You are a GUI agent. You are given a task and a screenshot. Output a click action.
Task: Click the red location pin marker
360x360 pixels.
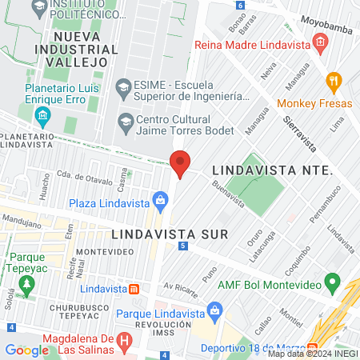180,162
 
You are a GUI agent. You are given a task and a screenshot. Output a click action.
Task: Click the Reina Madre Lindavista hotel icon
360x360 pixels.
320,42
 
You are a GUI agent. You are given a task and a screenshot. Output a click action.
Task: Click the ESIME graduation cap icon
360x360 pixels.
123,86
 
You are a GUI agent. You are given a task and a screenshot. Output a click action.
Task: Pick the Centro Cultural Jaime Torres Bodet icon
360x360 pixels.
124,122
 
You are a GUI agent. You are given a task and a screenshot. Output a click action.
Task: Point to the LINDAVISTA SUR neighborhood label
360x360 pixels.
170,234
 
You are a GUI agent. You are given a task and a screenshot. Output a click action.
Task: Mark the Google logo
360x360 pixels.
26,350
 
